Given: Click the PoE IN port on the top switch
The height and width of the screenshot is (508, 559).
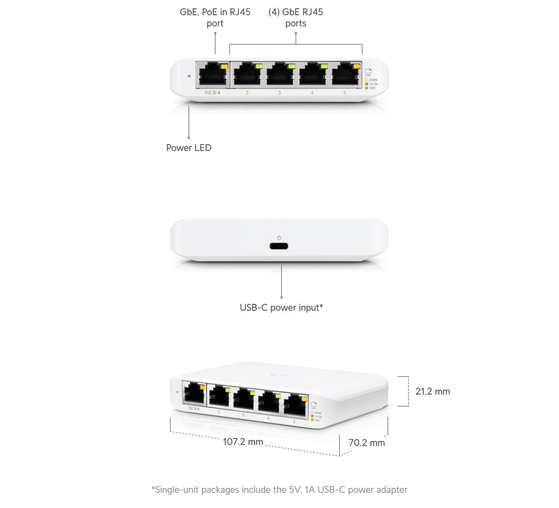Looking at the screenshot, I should [213, 75].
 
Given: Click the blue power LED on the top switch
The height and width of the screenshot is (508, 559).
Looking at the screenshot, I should [189, 76].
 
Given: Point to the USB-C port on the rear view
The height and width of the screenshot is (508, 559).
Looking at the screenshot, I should [279, 246].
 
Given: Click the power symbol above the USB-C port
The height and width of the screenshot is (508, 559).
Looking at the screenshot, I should [279, 238].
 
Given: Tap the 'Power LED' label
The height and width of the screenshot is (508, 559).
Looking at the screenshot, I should [189, 148].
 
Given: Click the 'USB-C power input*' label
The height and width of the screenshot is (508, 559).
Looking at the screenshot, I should [281, 308].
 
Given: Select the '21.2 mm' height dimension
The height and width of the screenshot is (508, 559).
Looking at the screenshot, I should [432, 391].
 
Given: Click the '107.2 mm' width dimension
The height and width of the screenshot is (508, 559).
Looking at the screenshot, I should [243, 442].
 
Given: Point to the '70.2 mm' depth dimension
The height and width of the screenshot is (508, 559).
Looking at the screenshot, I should [367, 443].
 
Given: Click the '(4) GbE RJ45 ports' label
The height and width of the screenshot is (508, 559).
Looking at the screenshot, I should [295, 18].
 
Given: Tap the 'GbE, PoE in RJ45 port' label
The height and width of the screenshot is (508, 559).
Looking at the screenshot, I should [215, 18].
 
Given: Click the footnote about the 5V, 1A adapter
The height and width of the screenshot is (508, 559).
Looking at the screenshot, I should [279, 490].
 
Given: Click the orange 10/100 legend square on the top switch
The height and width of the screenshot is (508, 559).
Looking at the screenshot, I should [367, 84].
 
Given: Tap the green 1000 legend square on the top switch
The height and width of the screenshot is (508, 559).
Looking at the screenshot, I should [367, 88].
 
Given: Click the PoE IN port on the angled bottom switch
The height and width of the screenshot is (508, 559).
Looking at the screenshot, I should [194, 393].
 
